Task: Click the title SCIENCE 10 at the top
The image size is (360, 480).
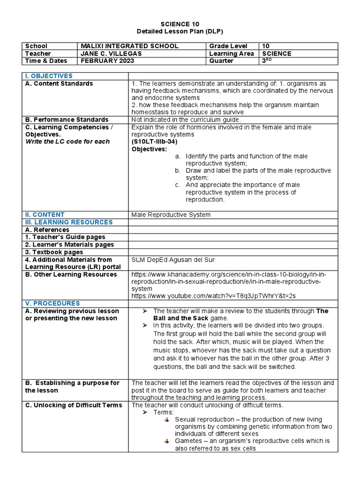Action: [x=180, y=24]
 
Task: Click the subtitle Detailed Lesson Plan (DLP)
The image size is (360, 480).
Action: [x=180, y=31]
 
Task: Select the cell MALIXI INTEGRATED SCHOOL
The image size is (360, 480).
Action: [x=129, y=46]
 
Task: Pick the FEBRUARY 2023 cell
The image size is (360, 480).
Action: [x=107, y=61]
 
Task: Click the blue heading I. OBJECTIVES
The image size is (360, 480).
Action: [x=49, y=76]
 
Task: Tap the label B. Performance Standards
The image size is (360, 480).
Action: [x=67, y=120]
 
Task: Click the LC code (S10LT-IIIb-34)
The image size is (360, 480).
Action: [x=154, y=142]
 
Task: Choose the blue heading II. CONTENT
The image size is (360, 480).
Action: [x=45, y=215]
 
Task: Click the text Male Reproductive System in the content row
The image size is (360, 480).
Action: [x=171, y=215]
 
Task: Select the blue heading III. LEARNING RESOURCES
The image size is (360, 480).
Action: [x=69, y=222]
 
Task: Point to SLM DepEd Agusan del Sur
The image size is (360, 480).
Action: [x=173, y=259]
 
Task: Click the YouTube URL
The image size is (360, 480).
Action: [x=214, y=296]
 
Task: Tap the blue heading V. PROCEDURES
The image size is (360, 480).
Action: [x=52, y=303]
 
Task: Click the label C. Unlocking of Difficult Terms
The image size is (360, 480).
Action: [x=74, y=405]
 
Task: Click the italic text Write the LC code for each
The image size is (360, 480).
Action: [x=67, y=142]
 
